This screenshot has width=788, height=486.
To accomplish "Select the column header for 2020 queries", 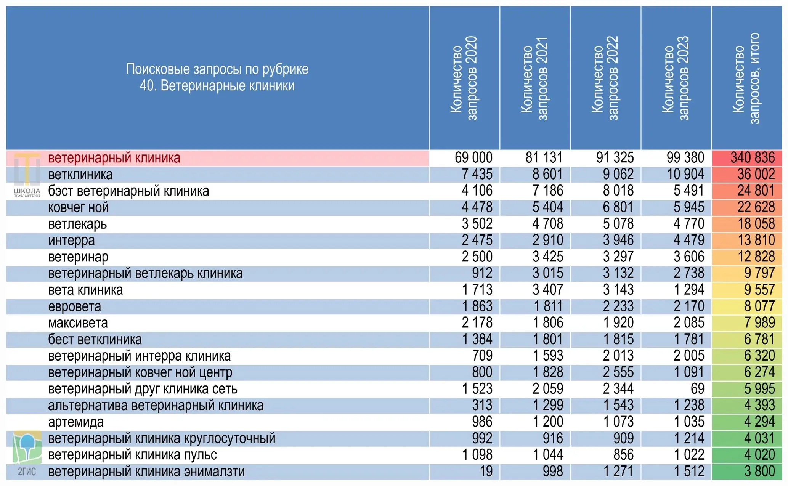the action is coord(464,78).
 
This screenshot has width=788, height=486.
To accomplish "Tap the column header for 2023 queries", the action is coord(676,78).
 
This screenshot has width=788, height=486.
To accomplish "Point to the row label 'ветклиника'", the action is coord(80,175).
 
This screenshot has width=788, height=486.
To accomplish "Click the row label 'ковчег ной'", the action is coord(79,207).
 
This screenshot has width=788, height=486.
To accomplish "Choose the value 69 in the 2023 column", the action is coord(697,388).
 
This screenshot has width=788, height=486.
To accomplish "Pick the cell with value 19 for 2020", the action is coord(486,471).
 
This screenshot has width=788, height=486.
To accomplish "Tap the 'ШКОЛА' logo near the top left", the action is coord(27,175).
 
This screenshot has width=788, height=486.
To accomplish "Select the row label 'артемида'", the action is coord(76,422).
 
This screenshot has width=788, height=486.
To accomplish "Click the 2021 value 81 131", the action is coord(544,157).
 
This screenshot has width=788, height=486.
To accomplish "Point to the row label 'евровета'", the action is coord(75,306).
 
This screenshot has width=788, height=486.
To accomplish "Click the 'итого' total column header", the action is coord(746,78).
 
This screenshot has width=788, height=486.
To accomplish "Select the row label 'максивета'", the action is coord(78,323).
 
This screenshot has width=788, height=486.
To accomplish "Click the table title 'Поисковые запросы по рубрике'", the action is coord(217,69).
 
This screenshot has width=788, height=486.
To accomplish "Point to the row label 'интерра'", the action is coord(72,241).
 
